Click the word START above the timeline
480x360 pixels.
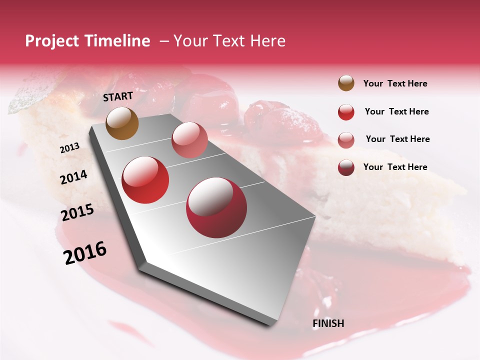[118, 96]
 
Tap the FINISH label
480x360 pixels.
[328, 323]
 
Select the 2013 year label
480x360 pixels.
[69, 148]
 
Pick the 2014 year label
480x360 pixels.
[73, 177]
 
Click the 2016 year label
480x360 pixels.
[85, 253]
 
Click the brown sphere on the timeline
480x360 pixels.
[122, 123]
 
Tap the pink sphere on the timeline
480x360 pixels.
[189, 139]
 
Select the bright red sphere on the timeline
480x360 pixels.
[145, 180]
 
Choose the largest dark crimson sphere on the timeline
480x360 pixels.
[216, 207]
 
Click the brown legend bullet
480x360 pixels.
[346, 83]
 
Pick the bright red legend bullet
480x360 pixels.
[346, 112]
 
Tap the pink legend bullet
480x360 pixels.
[346, 139]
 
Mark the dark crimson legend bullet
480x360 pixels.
[346, 167]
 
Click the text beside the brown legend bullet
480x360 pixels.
[395, 83]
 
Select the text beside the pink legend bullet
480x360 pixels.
[397, 139]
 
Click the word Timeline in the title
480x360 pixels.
[116, 41]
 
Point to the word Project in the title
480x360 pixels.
[52, 41]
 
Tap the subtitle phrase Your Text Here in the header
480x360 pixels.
[229, 41]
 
